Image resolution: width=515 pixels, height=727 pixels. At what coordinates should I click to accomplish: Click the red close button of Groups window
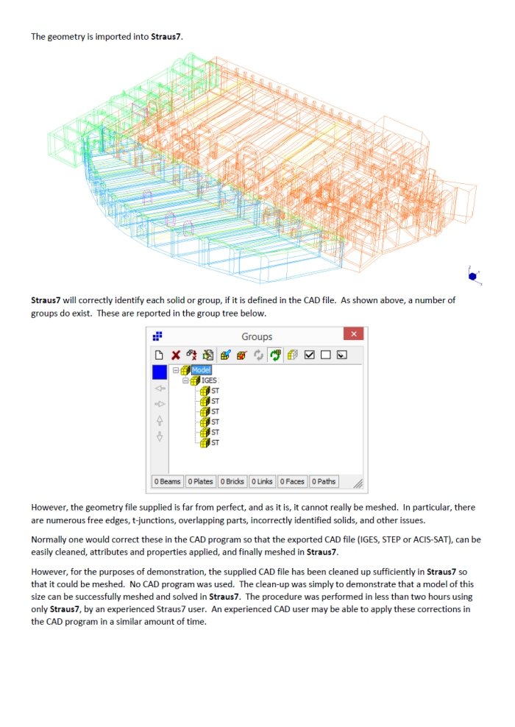point(353,335)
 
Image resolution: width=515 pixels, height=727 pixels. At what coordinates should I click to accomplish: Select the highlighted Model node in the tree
point(201,370)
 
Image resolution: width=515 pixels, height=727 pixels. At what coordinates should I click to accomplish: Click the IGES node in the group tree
point(208,380)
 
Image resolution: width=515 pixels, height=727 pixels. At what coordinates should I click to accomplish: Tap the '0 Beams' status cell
point(167,481)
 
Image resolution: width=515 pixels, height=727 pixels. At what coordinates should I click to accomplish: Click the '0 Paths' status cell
point(324,481)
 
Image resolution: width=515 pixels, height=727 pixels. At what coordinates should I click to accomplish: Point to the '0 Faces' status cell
point(293,481)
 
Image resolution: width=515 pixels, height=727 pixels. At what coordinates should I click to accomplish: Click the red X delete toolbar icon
point(176,355)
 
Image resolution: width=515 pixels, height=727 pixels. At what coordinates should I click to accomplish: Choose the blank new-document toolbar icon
point(159,355)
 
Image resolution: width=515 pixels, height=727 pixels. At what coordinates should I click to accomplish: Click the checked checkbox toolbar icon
point(310,355)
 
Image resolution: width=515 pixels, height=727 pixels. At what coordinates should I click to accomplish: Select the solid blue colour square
point(160,372)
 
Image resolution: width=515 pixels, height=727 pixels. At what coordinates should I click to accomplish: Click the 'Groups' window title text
point(257,336)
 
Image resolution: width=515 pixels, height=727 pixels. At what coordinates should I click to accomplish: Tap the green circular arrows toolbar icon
point(276,355)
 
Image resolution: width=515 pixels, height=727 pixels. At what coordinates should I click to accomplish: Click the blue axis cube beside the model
point(472,275)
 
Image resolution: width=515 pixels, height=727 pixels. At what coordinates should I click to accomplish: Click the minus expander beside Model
point(176,370)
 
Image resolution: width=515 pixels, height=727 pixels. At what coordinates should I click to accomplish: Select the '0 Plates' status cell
point(200,481)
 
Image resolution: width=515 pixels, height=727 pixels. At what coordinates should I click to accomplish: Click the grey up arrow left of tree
point(160,421)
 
